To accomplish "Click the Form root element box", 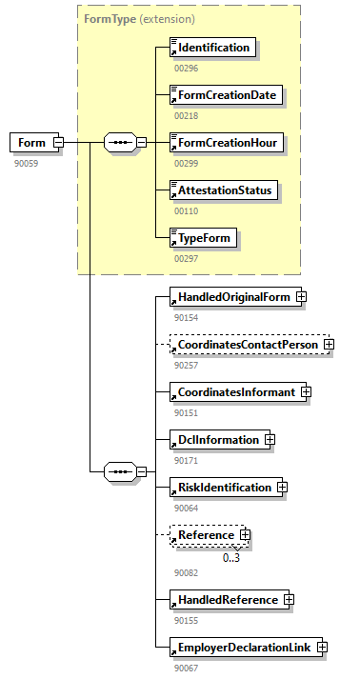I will click(x=31, y=143).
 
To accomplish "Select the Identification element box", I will click(x=212, y=48).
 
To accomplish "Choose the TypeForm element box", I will click(x=203, y=238).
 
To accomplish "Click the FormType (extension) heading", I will click(x=127, y=18).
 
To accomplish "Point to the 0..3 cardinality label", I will click(x=231, y=557).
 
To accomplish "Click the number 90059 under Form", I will click(x=26, y=163).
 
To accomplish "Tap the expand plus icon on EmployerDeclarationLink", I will click(x=322, y=648).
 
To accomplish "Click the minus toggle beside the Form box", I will click(x=58, y=143).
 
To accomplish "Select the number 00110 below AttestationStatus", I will click(x=186, y=210).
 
